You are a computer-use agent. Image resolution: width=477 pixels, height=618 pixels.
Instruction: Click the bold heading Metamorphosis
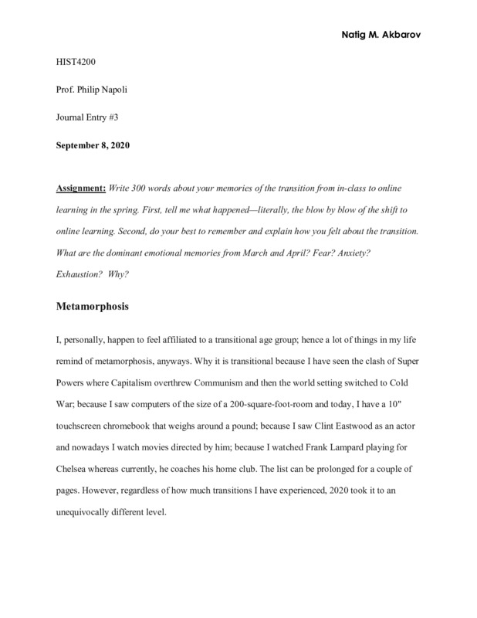[93, 307]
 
